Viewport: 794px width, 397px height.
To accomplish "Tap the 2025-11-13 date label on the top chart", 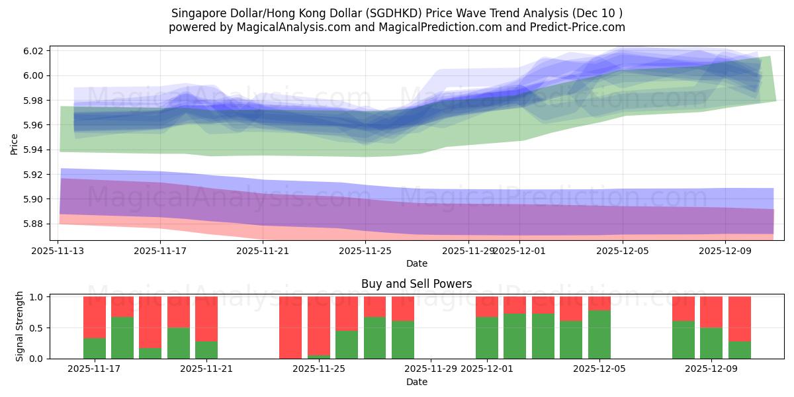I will (58, 251).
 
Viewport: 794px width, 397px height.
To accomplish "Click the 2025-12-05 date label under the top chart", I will (623, 251).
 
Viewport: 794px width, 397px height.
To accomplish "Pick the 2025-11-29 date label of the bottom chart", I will (431, 369).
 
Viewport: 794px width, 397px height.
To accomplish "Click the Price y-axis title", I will (15, 144).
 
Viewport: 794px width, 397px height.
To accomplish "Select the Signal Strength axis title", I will (20, 326).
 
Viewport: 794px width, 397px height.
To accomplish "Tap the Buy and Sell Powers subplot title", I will (416, 284).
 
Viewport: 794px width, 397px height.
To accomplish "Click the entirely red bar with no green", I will (290, 328).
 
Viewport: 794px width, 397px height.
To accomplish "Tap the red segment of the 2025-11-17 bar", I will (95, 317).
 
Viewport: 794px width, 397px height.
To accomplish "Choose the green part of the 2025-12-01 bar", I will (487, 338).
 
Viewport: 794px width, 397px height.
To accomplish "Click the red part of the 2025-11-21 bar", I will (206, 318).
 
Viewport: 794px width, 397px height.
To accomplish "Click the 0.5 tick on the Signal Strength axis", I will (36, 328).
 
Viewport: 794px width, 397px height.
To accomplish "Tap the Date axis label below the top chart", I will (416, 263).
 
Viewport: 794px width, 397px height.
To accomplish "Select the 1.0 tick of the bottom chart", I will (36, 297).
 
